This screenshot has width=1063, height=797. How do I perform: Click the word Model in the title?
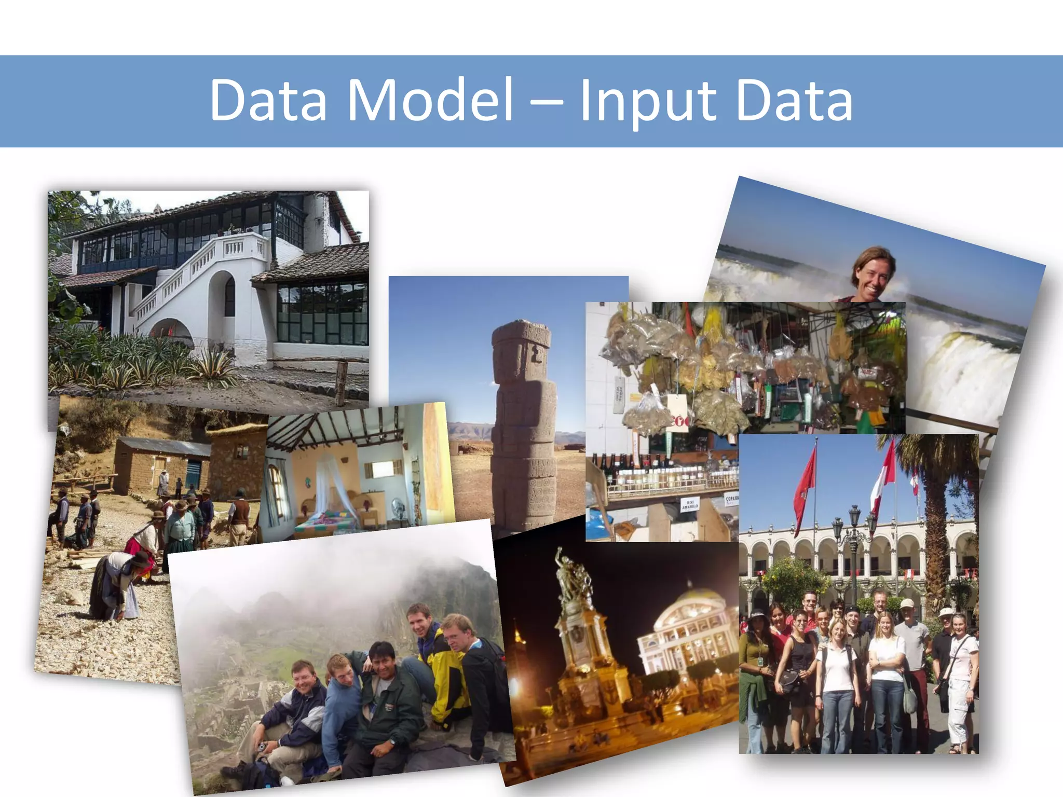(x=430, y=100)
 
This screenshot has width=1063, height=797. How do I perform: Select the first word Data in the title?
(x=268, y=100)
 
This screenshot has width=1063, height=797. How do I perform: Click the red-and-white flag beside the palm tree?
(x=883, y=475)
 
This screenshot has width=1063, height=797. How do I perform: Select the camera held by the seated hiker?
(x=262, y=747)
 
